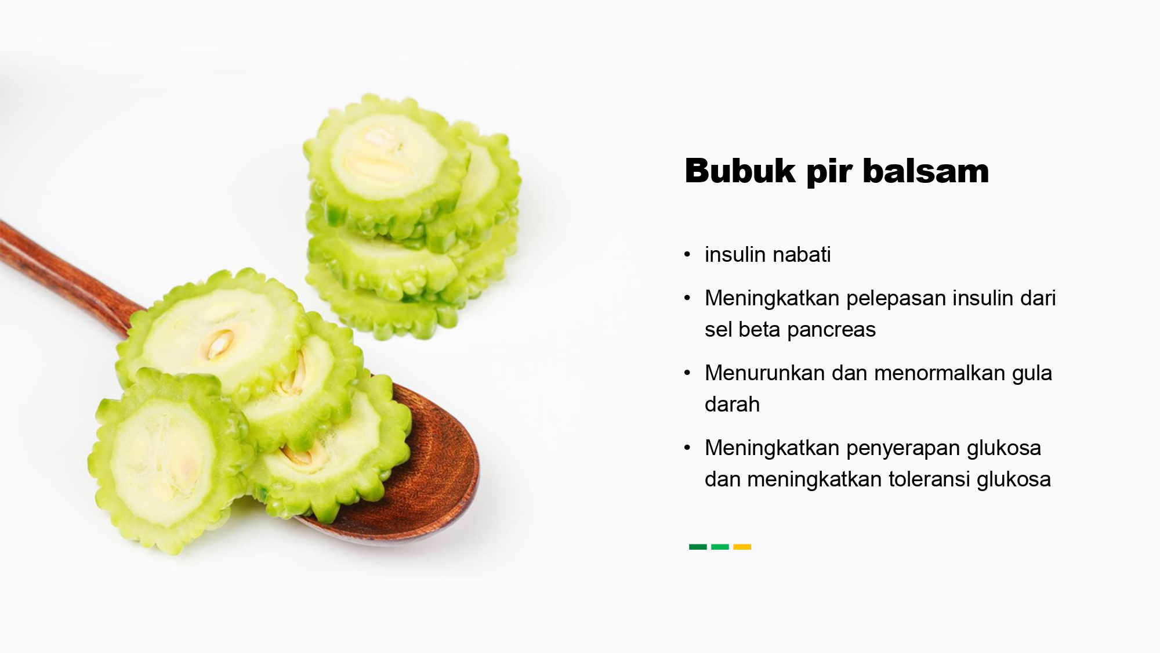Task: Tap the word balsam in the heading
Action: pos(926,171)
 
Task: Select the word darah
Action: pos(732,404)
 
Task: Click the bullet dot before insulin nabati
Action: pos(687,255)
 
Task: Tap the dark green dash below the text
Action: pos(698,547)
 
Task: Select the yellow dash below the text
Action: pos(742,547)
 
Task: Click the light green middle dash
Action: pos(720,547)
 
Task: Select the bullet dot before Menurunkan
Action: pos(687,373)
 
